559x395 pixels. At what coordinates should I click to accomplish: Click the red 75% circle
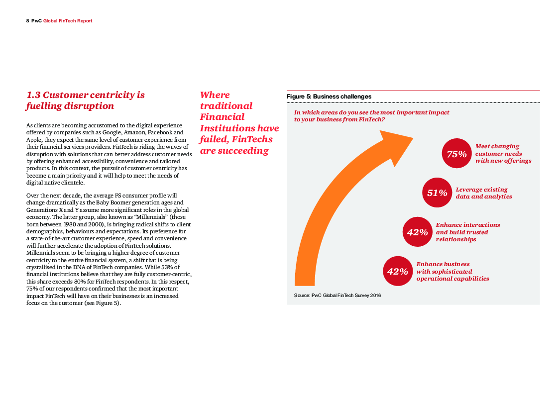pyautogui.click(x=456, y=154)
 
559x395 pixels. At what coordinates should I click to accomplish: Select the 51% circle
pyautogui.click(x=437, y=193)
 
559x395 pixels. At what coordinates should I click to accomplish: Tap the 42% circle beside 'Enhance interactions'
pyautogui.click(x=417, y=232)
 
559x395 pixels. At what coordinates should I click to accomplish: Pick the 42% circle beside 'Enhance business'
pyautogui.click(x=397, y=271)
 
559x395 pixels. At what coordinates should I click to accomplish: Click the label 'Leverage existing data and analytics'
pyautogui.click(x=483, y=193)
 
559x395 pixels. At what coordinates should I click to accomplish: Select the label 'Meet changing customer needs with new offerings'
pyautogui.click(x=503, y=154)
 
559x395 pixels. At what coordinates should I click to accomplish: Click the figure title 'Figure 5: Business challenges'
pyautogui.click(x=329, y=97)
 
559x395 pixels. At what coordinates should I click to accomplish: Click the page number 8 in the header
pyautogui.click(x=27, y=21)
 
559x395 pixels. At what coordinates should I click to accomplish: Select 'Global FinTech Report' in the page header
pyautogui.click(x=68, y=21)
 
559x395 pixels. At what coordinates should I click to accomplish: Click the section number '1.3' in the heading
pyautogui.click(x=33, y=95)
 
